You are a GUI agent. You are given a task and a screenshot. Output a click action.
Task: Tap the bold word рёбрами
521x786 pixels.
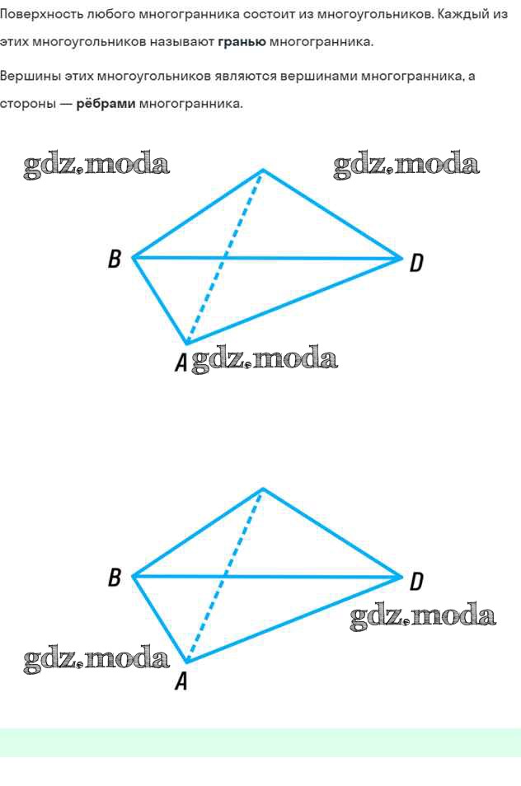[x=106, y=104]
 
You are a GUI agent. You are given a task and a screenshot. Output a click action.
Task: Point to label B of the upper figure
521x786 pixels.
[x=115, y=260]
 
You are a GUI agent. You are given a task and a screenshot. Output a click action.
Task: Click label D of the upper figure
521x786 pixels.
[x=416, y=263]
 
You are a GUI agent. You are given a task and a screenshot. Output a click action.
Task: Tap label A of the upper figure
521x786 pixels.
[x=181, y=362]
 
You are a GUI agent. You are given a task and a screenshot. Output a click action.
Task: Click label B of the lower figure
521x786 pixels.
[x=115, y=578]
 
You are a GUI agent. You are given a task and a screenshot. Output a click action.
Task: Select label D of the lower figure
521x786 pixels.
[x=416, y=582]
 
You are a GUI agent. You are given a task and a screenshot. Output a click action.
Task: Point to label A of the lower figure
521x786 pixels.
[x=181, y=681]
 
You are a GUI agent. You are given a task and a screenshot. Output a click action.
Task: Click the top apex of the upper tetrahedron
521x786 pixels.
[x=262, y=171]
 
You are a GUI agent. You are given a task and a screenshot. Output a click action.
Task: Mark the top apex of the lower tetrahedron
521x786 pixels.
[x=262, y=489]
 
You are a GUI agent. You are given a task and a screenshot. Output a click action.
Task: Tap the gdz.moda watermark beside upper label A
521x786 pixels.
[x=265, y=360]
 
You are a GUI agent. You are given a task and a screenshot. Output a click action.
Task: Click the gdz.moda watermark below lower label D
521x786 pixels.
[x=423, y=616]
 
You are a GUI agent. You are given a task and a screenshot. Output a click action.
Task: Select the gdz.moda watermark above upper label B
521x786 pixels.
[x=96, y=165]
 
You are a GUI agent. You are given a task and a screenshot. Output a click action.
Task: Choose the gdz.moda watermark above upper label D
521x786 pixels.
[x=406, y=165]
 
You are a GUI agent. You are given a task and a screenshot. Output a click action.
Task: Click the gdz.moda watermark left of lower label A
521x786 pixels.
[x=96, y=658]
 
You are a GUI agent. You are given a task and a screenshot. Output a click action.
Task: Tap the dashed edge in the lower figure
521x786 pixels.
[x=224, y=576]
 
